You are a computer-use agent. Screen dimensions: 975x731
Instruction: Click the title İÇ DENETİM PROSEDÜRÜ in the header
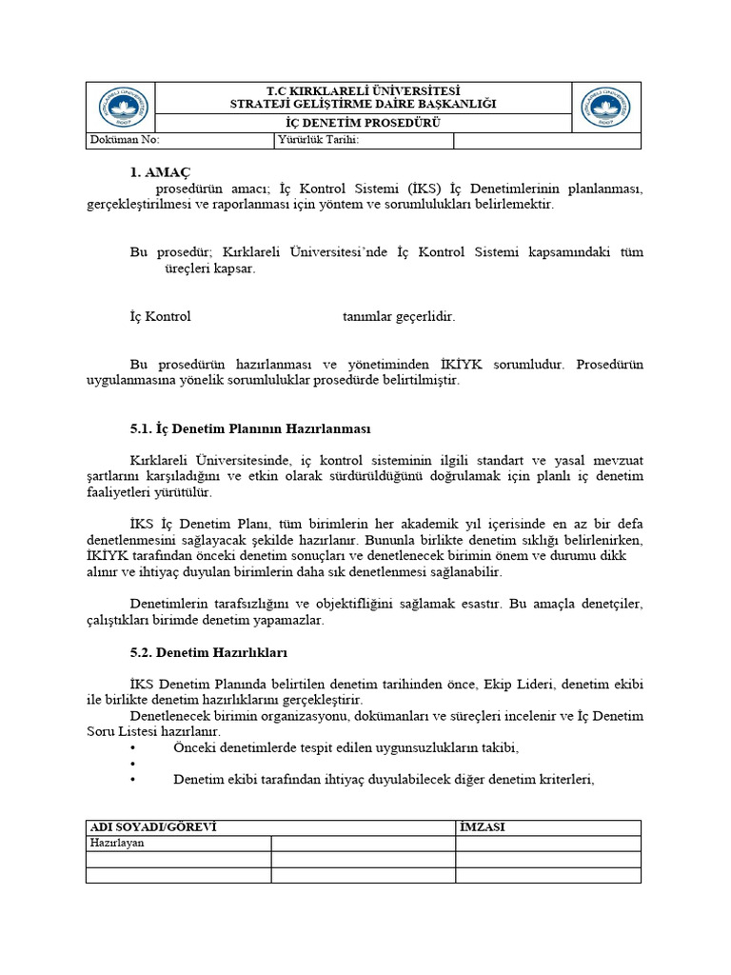(x=364, y=123)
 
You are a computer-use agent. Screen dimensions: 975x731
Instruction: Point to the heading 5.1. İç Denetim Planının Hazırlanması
(x=249, y=428)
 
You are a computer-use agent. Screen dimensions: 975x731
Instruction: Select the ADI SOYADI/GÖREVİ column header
(x=153, y=827)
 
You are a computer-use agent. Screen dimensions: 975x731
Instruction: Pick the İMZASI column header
(x=483, y=827)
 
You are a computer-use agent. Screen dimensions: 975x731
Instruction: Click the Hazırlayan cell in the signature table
(x=116, y=843)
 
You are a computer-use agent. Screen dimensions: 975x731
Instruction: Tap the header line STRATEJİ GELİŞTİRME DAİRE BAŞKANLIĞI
(x=364, y=103)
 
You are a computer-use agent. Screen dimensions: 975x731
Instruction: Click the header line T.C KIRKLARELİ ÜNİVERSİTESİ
(x=364, y=90)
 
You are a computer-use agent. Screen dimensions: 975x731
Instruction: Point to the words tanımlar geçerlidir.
(x=399, y=316)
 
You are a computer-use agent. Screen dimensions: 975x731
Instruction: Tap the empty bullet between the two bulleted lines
(x=132, y=764)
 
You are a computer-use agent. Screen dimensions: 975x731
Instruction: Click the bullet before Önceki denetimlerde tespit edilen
(x=132, y=747)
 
